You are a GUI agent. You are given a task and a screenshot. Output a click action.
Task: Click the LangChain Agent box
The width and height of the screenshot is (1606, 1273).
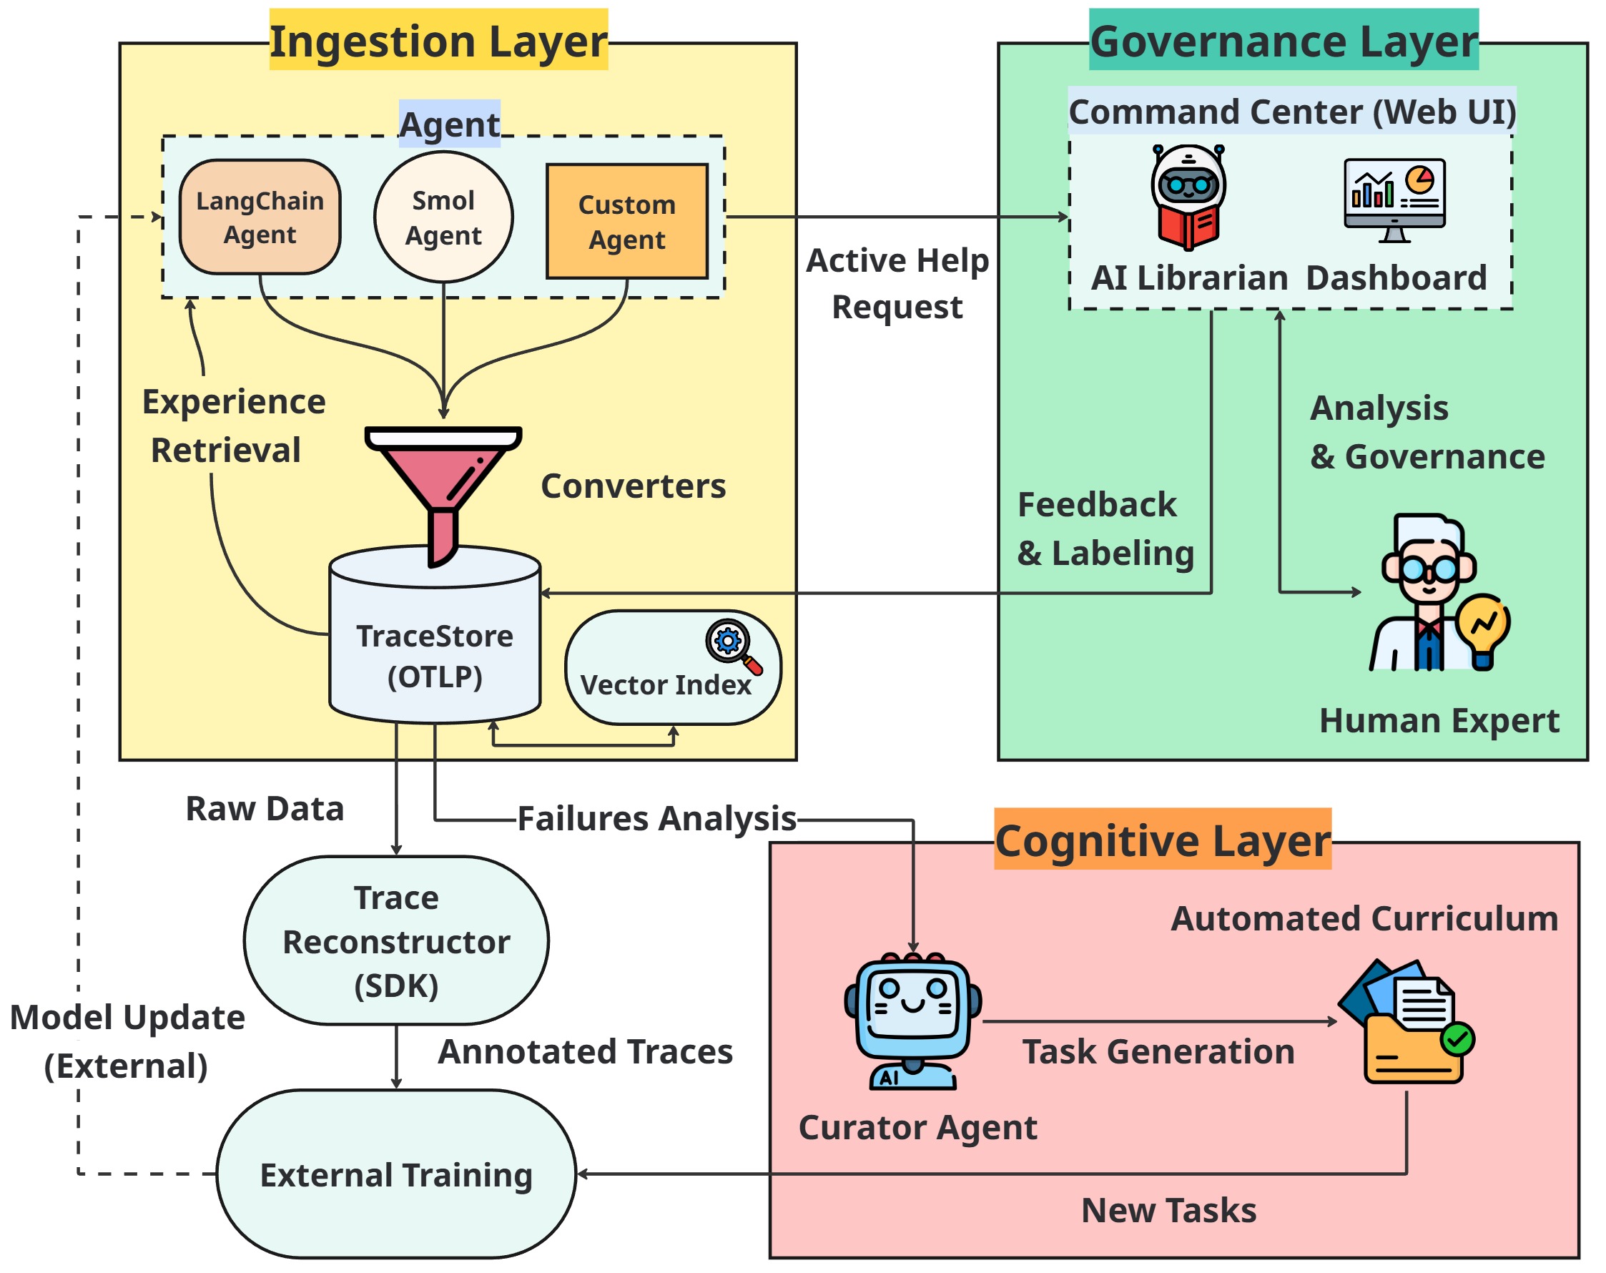[260, 217]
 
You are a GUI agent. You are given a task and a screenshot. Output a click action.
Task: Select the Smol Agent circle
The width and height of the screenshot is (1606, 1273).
[443, 217]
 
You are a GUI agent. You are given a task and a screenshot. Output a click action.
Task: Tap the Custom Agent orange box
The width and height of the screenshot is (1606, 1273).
[626, 221]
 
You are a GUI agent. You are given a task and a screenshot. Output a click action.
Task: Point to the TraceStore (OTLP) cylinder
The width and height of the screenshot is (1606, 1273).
[434, 648]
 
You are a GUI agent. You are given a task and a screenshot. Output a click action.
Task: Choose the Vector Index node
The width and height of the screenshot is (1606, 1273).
[672, 668]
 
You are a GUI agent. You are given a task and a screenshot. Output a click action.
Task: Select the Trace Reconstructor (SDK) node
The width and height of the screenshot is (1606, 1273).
[395, 940]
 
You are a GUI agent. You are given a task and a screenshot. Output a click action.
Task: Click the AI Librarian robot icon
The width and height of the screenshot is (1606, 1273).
[1188, 197]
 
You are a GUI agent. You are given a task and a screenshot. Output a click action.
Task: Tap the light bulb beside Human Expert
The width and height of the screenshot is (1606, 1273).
[1483, 630]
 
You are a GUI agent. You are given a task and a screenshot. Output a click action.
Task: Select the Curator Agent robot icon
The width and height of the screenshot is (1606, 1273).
[912, 1020]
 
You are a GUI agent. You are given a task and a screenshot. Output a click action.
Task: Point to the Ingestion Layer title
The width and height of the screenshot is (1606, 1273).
[438, 40]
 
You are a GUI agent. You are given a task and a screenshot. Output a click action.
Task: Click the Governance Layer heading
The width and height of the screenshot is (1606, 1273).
[1283, 40]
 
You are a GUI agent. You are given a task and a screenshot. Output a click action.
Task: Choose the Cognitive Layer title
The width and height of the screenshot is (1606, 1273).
[1162, 840]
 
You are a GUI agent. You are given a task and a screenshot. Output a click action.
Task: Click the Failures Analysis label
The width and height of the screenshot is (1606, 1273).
[656, 819]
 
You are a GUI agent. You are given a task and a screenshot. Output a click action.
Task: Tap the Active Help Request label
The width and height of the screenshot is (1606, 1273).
[897, 283]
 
